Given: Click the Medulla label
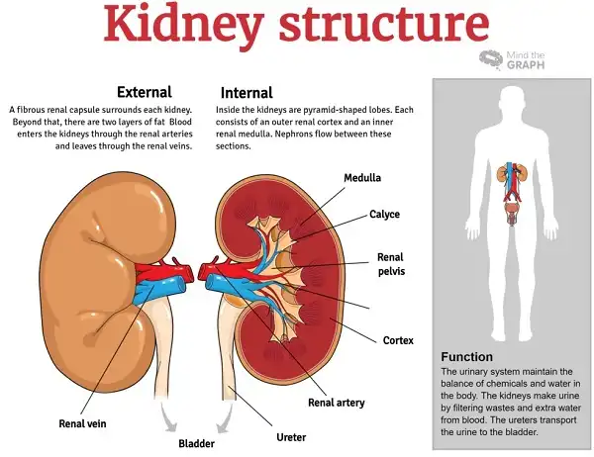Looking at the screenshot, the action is tap(362, 178).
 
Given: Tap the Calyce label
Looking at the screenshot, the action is tap(384, 215).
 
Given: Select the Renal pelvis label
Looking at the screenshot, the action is tap(391, 264).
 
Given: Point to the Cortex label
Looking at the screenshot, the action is tap(398, 340).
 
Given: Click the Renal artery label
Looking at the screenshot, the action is tap(337, 403).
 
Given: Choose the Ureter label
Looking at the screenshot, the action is tap(291, 437).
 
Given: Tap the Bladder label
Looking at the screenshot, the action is tap(196, 443).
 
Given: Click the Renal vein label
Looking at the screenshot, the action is tap(82, 423).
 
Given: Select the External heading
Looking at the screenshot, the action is tap(145, 92).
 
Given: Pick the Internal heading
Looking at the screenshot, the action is tap(247, 93).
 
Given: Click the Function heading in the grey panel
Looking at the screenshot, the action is tap(466, 357).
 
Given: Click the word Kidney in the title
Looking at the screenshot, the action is tap(183, 23).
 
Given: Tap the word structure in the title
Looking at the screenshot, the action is tap(384, 25).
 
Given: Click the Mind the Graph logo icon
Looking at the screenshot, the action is tap(491, 59).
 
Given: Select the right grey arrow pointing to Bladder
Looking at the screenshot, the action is tap(225, 417).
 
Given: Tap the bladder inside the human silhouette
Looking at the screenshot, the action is tap(512, 209).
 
